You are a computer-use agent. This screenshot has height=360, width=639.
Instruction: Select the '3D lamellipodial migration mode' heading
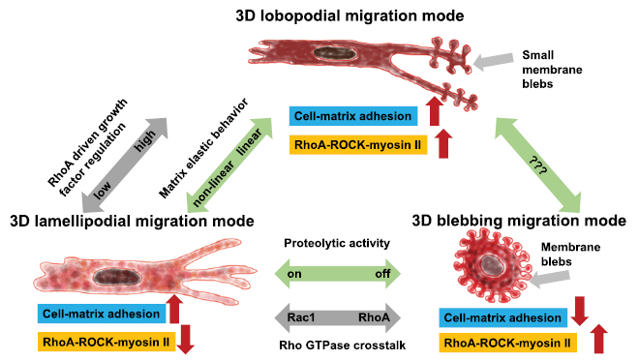pos(132,222)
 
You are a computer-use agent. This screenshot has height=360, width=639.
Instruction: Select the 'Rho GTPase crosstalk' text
pos(333,345)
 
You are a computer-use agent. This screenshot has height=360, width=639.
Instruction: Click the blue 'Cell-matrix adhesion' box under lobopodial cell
pos(353,118)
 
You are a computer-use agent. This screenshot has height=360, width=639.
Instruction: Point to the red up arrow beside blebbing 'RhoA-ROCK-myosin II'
pos(601,342)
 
